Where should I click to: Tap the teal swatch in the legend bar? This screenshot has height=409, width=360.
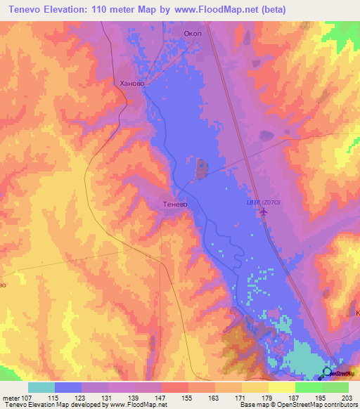point(41,387)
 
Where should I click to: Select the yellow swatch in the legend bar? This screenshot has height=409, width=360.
point(282,387)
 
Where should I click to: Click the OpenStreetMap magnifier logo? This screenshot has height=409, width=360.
point(328,372)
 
